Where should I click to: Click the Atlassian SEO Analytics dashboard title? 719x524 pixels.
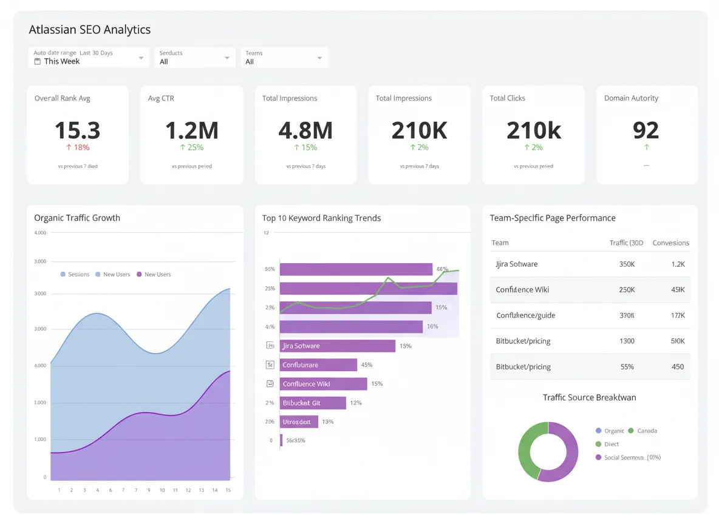point(90,30)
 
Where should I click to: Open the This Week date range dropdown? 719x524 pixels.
point(89,58)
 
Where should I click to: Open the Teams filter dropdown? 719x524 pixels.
point(284,58)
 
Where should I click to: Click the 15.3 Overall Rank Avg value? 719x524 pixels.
point(77,130)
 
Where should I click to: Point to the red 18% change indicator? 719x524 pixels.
point(77,147)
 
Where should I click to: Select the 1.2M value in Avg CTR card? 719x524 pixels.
point(191,130)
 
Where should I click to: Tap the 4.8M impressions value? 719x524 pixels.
point(305,130)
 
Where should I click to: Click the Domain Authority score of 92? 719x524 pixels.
point(646,130)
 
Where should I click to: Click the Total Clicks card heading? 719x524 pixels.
point(507,98)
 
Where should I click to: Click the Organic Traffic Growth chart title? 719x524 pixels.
point(77,218)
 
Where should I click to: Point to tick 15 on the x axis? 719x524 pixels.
point(228,490)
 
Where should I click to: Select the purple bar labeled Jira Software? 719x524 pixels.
point(337,346)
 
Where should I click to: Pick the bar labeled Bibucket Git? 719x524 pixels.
point(313,403)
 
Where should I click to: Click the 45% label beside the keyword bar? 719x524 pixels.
point(367,365)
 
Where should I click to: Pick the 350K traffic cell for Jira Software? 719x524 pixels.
point(627,264)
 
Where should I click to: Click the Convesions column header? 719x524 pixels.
point(670,243)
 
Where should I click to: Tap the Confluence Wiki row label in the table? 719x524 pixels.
point(522,290)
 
